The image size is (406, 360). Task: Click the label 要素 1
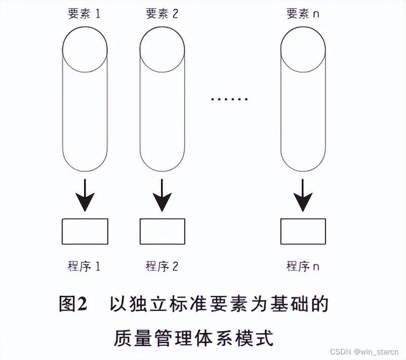tap(84, 14)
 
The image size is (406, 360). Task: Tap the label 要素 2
tap(162, 14)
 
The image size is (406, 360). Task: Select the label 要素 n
tap(303, 14)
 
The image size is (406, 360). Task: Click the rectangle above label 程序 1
tap(85, 231)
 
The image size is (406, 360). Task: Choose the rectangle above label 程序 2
tap(162, 231)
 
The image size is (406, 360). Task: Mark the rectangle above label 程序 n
tap(303, 231)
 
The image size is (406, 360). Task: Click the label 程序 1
tap(84, 266)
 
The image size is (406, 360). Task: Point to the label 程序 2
tap(162, 266)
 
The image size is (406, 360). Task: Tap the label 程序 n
tap(303, 266)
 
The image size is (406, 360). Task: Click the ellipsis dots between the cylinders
tap(229, 99)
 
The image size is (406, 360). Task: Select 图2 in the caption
tap(73, 304)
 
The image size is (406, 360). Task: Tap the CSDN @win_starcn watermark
tap(365, 351)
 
